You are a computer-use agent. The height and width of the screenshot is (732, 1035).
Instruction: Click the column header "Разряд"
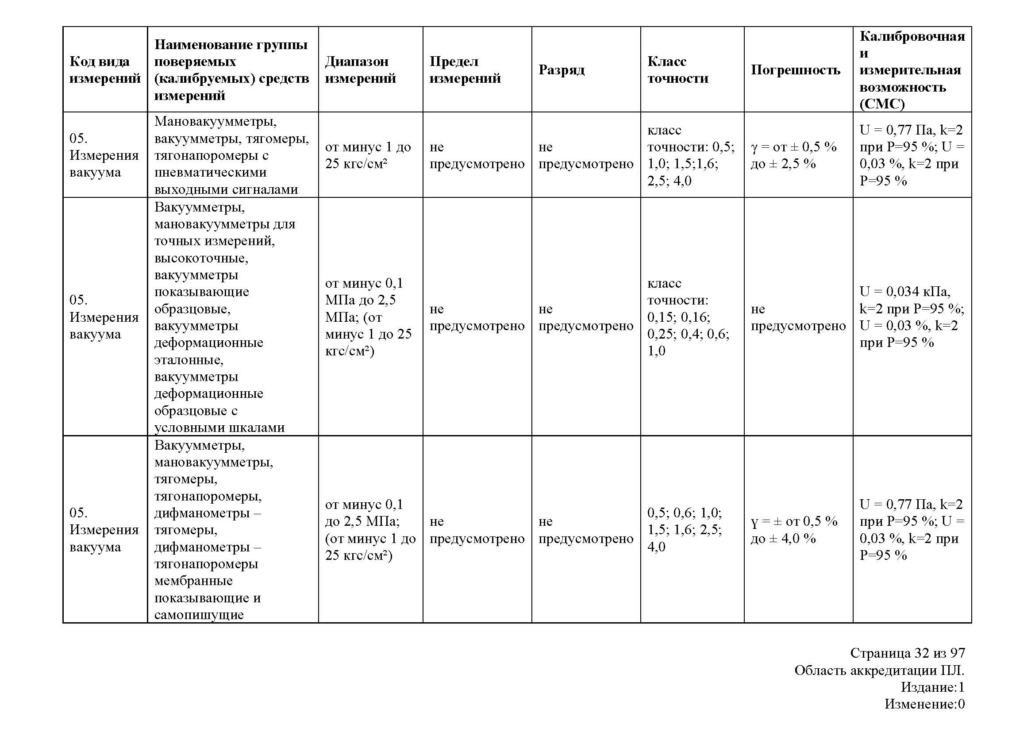561,70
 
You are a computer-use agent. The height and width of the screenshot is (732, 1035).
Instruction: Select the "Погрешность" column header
795,70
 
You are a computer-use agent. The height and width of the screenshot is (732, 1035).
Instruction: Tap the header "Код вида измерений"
104,70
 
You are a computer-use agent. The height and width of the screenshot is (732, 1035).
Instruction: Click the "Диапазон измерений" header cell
360,70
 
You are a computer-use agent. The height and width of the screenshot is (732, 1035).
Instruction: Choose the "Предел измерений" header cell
465,70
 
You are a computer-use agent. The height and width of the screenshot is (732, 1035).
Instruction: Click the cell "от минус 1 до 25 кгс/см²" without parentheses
368,155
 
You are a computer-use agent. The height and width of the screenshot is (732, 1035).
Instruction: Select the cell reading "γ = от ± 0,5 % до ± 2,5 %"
793,155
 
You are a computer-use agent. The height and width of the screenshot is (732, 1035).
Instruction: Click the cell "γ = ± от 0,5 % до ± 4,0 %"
793,530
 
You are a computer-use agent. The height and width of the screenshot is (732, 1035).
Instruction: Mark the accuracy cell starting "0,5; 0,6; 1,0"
684,530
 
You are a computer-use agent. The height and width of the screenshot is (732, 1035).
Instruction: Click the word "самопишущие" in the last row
199,615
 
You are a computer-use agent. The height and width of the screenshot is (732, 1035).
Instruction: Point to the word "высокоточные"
201,258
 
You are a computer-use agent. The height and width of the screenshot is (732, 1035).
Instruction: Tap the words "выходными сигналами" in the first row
226,189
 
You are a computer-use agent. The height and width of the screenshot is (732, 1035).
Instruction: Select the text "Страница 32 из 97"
908,653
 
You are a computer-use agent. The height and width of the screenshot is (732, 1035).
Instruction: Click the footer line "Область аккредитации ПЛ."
879,670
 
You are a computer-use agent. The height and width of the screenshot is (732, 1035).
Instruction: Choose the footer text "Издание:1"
932,687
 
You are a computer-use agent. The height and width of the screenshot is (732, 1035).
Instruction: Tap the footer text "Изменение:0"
924,704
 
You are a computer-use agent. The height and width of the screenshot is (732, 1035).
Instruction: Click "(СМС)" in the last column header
882,104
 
